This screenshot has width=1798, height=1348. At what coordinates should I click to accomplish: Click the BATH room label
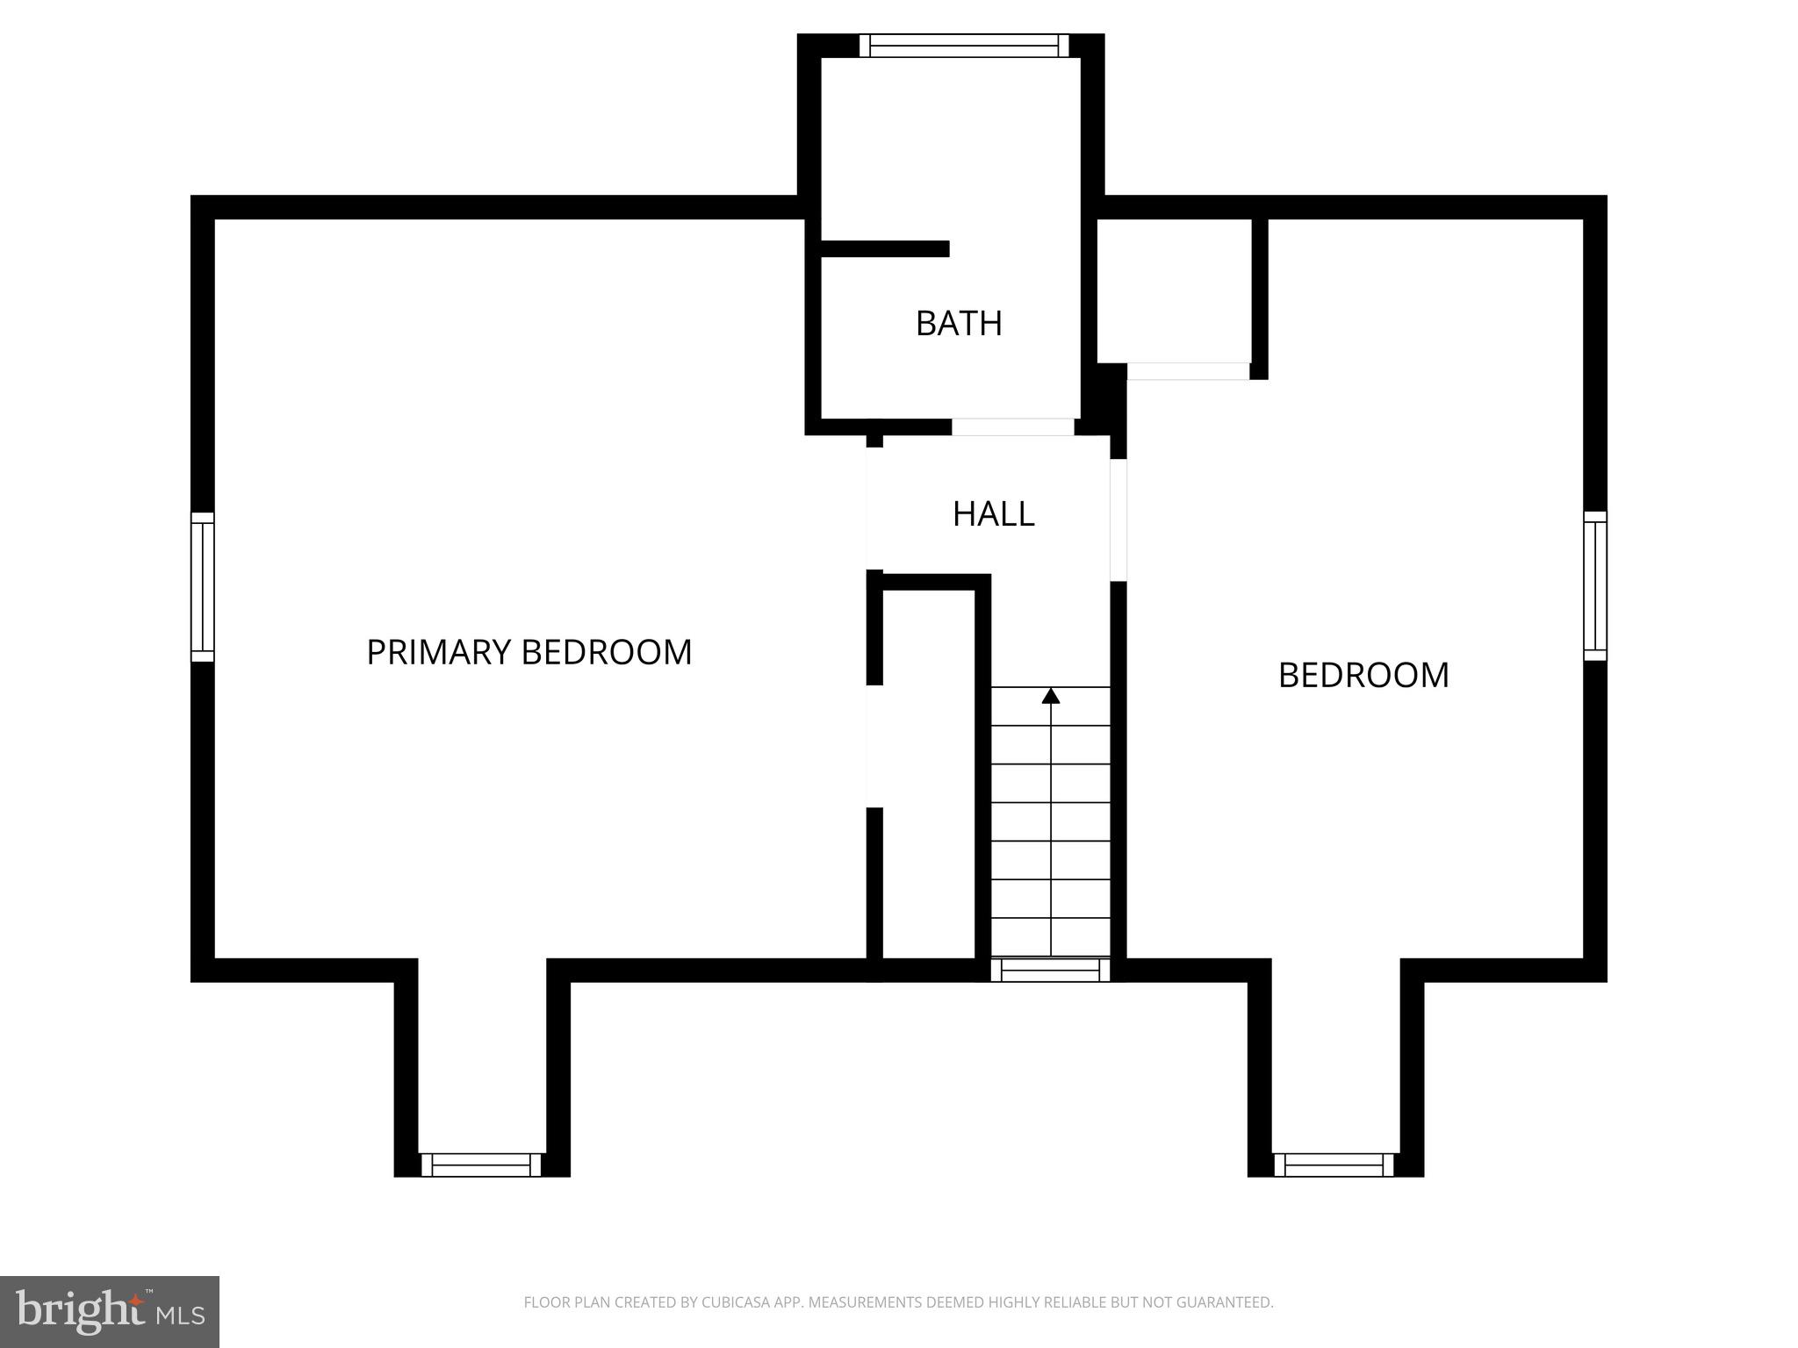[x=959, y=324]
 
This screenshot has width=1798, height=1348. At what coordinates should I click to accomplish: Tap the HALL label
[x=993, y=514]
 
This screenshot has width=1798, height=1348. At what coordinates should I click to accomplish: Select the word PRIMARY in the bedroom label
[x=438, y=653]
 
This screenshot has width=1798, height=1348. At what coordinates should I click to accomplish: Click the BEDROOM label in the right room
[x=1363, y=676]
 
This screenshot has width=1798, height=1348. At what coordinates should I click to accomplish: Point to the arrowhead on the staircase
[x=1051, y=696]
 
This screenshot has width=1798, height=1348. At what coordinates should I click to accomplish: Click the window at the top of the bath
[x=964, y=46]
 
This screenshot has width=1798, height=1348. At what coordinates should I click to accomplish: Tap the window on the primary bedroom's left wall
[x=203, y=587]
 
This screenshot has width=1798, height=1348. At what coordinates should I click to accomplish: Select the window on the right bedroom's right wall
[x=1595, y=586]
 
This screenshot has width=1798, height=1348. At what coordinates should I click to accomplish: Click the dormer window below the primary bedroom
[x=481, y=1165]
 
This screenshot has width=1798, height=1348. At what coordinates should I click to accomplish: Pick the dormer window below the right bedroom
[x=1334, y=1165]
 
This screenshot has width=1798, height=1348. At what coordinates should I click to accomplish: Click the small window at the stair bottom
[x=1051, y=970]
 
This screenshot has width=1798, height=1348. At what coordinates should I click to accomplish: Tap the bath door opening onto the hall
[x=1013, y=427]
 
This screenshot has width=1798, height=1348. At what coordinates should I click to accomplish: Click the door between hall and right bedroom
[x=1118, y=520]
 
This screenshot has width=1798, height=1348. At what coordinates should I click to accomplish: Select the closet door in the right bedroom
[x=1188, y=371]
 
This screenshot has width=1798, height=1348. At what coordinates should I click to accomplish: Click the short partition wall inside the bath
[x=885, y=249]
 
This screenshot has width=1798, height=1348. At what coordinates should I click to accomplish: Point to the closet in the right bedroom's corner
[x=1174, y=290]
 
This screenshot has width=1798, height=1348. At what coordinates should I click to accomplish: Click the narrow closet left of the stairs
[x=929, y=772]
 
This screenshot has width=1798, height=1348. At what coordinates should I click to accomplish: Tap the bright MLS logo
[x=109, y=1312]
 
